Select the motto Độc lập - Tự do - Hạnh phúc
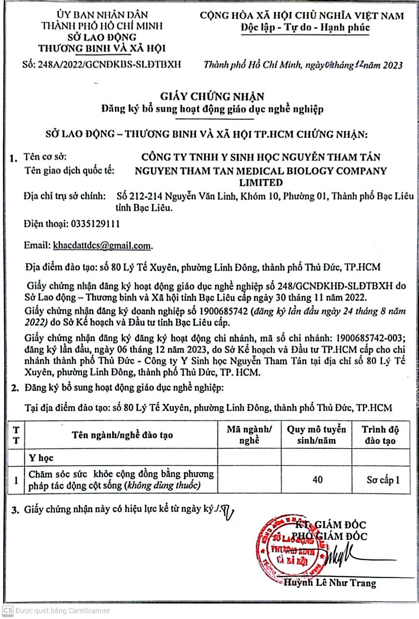(x=305, y=28)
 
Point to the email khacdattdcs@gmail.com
(x=102, y=246)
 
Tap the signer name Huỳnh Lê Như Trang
(x=329, y=583)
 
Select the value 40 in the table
(x=317, y=480)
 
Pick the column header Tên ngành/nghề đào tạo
(x=122, y=435)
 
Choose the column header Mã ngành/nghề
(x=249, y=435)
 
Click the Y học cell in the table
(x=41, y=457)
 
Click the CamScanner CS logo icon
(x=8, y=610)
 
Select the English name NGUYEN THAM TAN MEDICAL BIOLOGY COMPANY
(x=261, y=171)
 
